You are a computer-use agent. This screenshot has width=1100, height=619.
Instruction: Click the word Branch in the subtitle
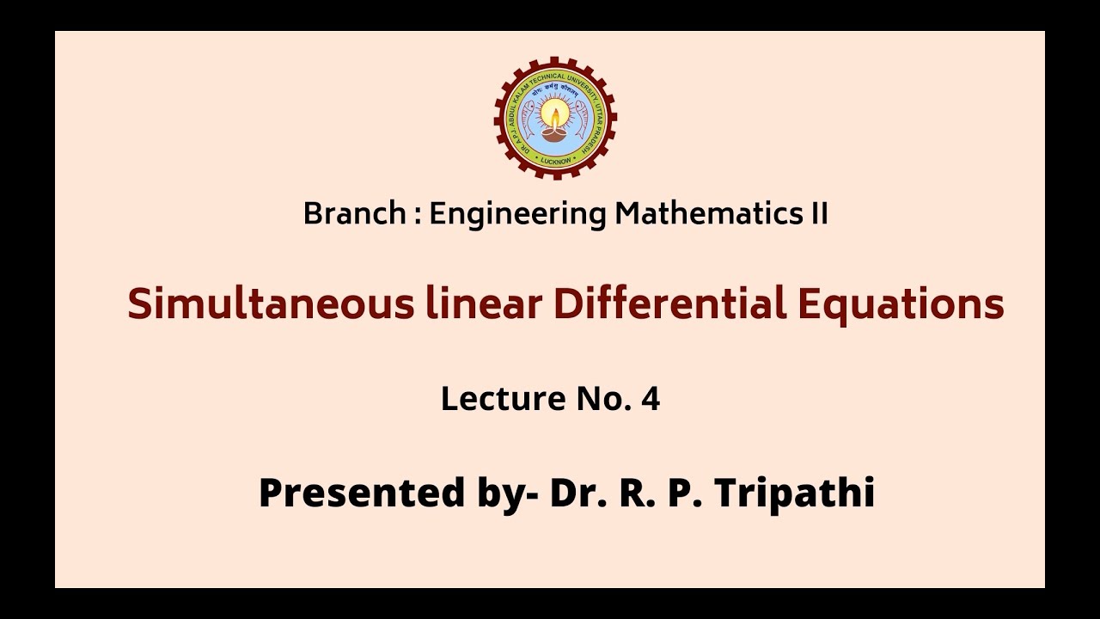pyautogui.click(x=354, y=214)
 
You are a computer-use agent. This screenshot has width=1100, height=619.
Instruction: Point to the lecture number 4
pyautogui.click(x=651, y=399)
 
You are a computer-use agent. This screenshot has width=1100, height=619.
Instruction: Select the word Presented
pyautogui.click(x=360, y=493)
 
